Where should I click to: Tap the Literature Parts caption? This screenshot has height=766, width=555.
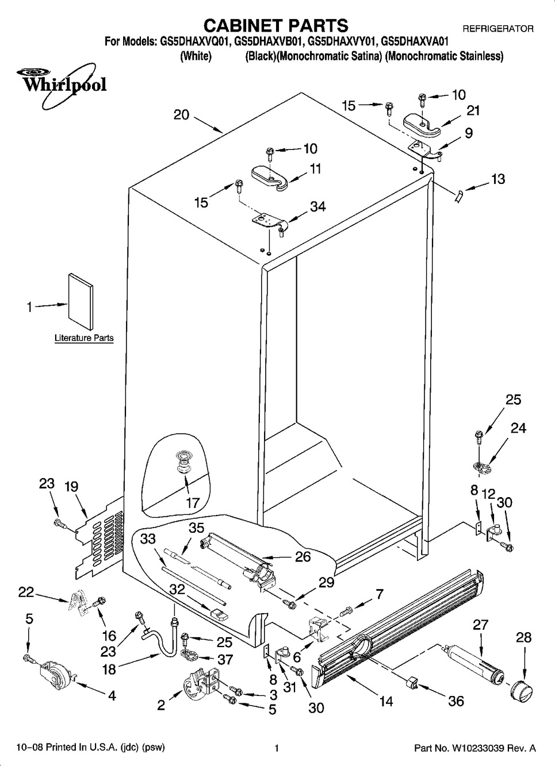pos(84,338)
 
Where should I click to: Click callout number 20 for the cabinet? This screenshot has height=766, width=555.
pos(181,114)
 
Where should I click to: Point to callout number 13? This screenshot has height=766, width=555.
pos(497,179)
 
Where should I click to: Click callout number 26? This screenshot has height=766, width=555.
pos(303,556)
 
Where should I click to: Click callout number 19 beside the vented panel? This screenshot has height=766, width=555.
pos(71,487)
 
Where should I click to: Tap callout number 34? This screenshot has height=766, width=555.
pos(317,206)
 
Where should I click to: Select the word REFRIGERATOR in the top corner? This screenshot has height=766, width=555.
pos(498,28)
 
